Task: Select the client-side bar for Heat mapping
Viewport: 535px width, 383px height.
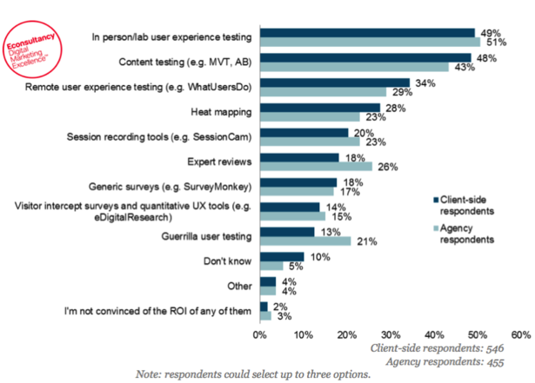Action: point(319,108)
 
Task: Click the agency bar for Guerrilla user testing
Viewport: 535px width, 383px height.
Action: point(304,241)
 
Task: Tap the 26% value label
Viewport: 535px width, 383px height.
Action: point(384,166)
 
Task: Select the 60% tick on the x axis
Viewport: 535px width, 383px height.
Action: point(520,333)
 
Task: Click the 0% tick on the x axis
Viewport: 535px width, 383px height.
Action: point(259,333)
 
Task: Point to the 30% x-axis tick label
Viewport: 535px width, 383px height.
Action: point(390,333)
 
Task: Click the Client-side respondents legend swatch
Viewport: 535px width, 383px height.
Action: point(435,198)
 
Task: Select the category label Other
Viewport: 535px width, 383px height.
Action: point(239,285)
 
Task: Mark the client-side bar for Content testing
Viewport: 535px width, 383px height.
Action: point(365,57)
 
